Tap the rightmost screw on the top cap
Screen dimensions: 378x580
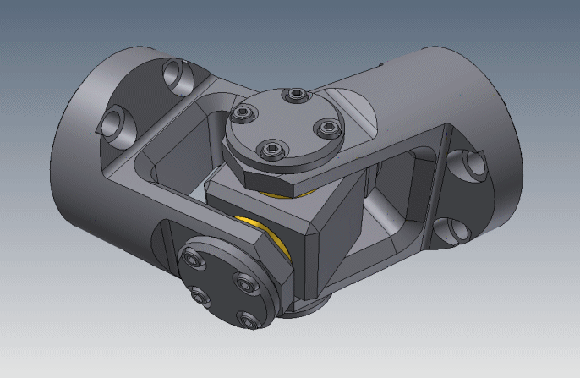326,128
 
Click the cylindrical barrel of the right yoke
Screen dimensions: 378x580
473,101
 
